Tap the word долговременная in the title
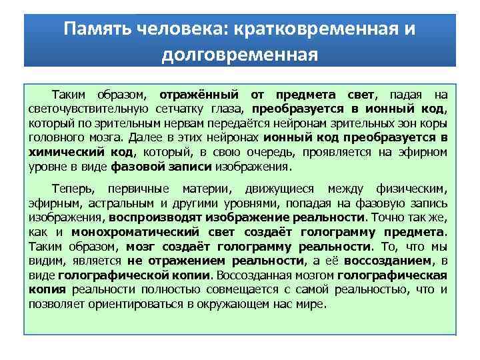[239, 53]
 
